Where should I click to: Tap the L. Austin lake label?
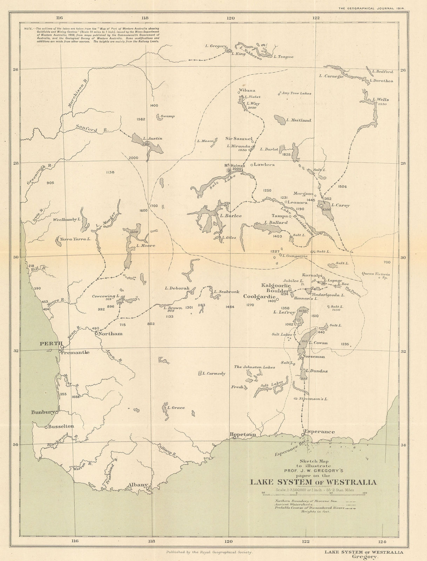152,138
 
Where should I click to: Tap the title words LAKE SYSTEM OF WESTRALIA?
313,482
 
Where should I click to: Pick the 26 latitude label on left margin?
15,69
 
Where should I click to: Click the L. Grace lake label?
176,408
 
